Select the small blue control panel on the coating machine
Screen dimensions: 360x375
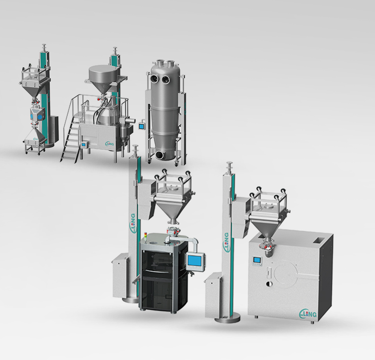tap(257, 260)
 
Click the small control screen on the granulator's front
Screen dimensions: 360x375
tap(83, 145)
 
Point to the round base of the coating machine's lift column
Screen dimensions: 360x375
tap(227, 319)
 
